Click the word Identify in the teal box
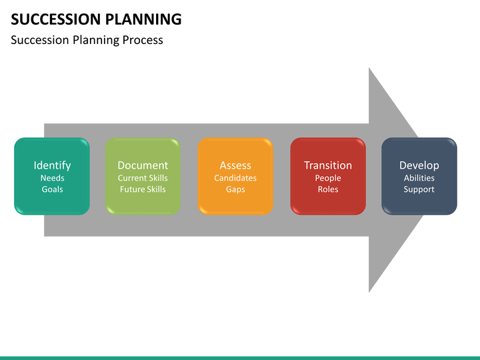click(52, 165)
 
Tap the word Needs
click(53, 178)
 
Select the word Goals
click(53, 189)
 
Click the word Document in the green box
click(143, 165)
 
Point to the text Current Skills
click(143, 178)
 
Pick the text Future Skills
click(143, 189)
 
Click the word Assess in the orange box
click(235, 165)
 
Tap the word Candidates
click(235, 178)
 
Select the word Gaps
click(235, 190)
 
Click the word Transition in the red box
click(328, 165)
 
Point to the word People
click(328, 179)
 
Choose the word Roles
click(328, 189)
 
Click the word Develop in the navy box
click(419, 165)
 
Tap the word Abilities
click(419, 178)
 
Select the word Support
click(419, 190)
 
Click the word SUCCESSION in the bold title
click(56, 19)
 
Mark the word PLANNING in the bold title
click(143, 19)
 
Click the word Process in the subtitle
click(143, 40)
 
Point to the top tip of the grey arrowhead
click(369, 67)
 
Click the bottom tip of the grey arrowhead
click(369, 293)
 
